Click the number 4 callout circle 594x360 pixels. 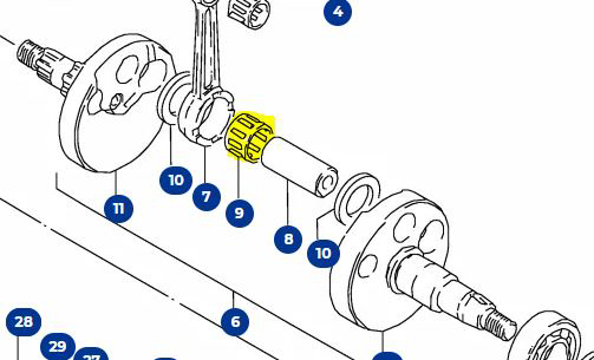[x=338, y=11]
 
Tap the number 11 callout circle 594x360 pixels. [x=118, y=209]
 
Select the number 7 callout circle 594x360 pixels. [x=206, y=196]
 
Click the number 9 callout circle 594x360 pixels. [x=239, y=213]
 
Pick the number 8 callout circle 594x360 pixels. [x=288, y=239]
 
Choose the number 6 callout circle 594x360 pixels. [x=235, y=321]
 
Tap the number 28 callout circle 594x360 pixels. [x=23, y=322]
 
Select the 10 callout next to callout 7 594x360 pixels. [x=176, y=180]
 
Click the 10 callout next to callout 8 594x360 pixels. [x=323, y=253]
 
